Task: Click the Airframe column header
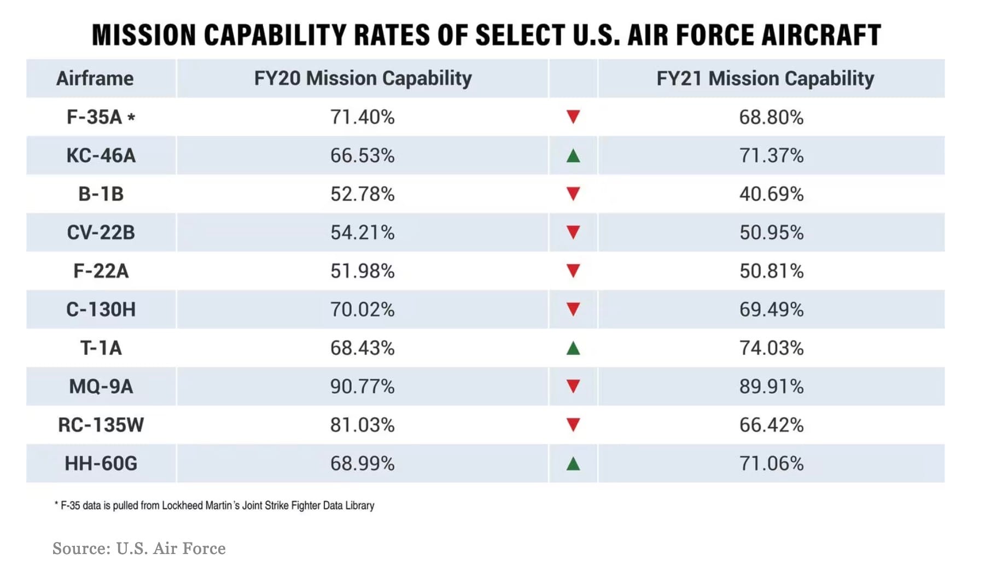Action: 95,78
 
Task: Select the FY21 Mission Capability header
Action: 765,78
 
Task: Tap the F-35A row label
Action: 94,117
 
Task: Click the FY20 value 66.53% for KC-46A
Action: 362,155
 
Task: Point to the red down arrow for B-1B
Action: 573,194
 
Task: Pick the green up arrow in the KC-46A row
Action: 573,156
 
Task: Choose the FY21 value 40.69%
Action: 771,194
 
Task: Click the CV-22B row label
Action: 101,232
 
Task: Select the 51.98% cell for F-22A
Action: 362,271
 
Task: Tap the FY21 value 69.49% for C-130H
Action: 771,310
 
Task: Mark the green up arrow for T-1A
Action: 573,348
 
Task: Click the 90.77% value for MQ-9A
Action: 362,386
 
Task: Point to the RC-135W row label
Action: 101,425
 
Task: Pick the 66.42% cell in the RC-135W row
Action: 771,425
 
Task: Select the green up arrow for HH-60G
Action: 573,464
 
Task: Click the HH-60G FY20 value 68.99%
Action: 362,463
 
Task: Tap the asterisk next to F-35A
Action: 131,116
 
